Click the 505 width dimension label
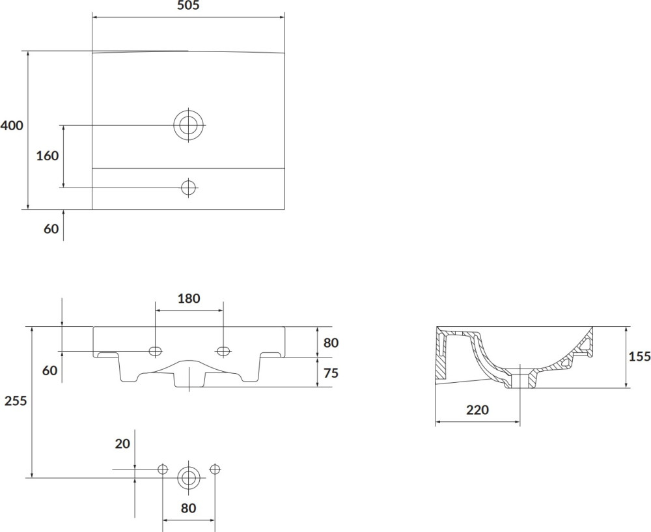[x=189, y=5]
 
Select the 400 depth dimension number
[x=12, y=125]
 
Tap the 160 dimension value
[x=48, y=156]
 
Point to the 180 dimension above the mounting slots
[x=189, y=298]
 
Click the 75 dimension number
[x=331, y=373]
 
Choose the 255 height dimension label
[x=16, y=400]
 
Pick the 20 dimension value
[x=122, y=444]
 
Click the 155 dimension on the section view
[x=639, y=356]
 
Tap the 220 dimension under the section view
[x=477, y=410]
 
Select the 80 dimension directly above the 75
[x=331, y=343]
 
